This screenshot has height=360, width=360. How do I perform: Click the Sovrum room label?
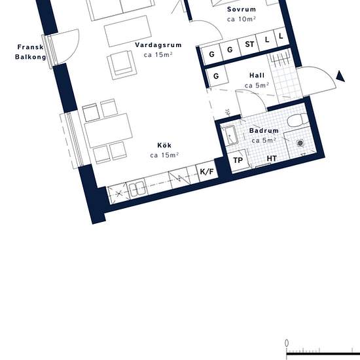pos(242,9)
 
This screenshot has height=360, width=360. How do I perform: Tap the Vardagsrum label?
pos(158,45)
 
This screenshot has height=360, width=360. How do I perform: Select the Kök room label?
pos(164,145)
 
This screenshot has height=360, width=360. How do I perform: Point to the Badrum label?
pos(264,130)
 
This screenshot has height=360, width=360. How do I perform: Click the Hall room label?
pos(257,75)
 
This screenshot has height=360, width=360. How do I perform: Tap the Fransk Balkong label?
pos(30,52)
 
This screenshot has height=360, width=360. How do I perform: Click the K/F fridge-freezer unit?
pos(207,171)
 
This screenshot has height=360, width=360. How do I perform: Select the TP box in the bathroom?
pos(238,160)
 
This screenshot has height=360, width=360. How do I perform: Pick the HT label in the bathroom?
pos(272,158)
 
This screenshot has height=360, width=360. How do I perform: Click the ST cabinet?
pos(249,45)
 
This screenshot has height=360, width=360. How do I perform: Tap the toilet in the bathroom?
pos(298,120)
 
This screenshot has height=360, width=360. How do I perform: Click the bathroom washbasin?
pos(230,135)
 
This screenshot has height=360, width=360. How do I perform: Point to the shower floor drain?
pos(300,143)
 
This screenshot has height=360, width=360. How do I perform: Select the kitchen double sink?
pos(137,189)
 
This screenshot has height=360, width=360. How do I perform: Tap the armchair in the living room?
pos(122,65)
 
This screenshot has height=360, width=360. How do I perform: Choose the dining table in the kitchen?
pos(109,131)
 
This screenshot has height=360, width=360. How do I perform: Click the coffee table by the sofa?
pos(128,31)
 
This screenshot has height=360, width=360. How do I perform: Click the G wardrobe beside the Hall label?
pos(216,76)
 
